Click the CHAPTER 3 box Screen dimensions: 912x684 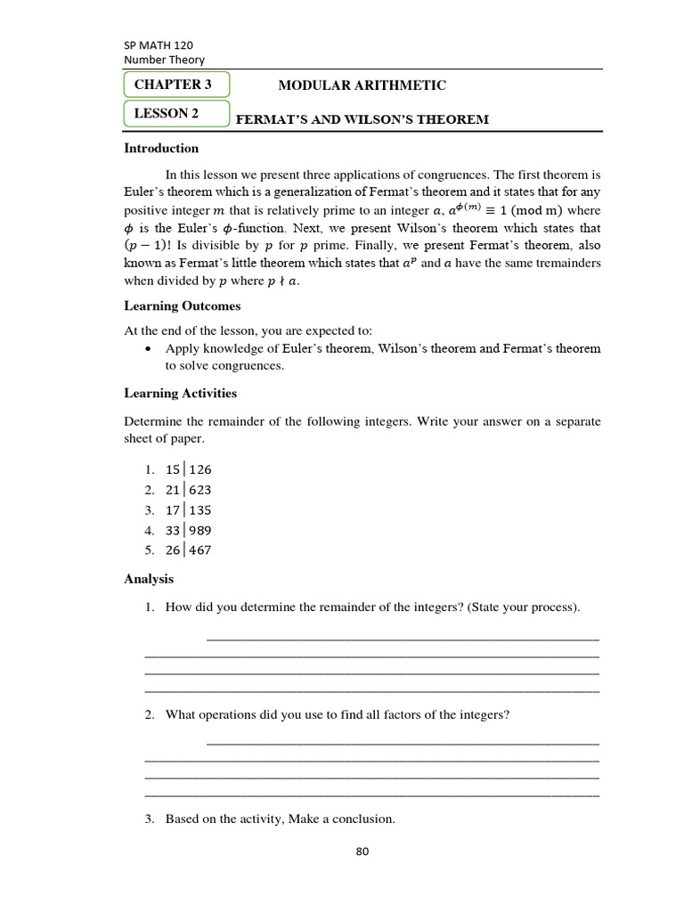(176, 85)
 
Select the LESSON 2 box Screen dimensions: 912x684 (176, 114)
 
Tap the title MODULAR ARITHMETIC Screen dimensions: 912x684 (362, 85)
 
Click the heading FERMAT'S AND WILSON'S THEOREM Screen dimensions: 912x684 (362, 119)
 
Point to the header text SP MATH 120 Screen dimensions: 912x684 (158, 45)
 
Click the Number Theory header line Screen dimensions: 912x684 (164, 60)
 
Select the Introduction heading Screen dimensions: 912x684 (161, 149)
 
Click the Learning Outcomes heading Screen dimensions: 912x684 (182, 306)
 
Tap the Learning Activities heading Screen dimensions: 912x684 (180, 394)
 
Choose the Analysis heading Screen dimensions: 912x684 (149, 580)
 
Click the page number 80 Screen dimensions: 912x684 (362, 851)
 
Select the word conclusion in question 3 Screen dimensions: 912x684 (362, 819)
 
